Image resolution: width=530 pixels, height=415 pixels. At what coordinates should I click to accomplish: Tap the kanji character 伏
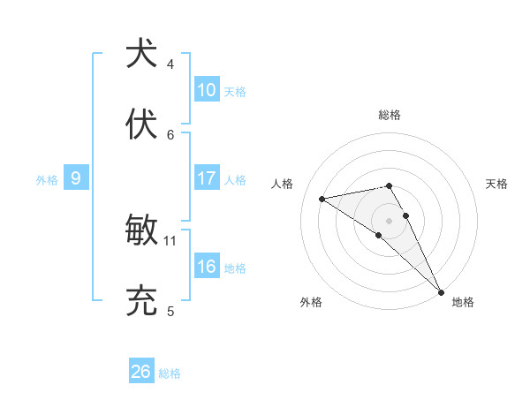click(x=141, y=123)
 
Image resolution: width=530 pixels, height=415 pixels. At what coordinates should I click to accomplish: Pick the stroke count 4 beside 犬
click(x=170, y=64)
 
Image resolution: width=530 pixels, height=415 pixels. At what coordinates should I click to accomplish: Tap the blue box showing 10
click(x=207, y=90)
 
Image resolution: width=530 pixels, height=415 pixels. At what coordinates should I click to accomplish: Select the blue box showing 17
click(x=207, y=178)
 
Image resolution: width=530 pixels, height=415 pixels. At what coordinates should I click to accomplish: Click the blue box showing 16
click(x=207, y=267)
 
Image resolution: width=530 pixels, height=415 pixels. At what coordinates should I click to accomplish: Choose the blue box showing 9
click(x=76, y=178)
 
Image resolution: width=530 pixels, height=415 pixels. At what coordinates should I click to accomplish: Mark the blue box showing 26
click(x=140, y=372)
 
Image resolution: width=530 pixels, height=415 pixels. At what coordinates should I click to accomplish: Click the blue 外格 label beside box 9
click(x=47, y=179)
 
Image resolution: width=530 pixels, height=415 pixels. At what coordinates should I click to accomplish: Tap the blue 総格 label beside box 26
click(x=170, y=373)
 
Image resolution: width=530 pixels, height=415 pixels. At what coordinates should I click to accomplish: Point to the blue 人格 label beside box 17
click(x=235, y=179)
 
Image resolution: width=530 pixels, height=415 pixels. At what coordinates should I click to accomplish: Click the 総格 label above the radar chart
click(x=390, y=115)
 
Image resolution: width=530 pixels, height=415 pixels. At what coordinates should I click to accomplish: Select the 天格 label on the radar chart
click(x=496, y=184)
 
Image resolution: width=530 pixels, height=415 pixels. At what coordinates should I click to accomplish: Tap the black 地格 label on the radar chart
click(x=463, y=302)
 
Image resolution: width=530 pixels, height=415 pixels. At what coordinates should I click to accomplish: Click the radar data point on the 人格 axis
click(x=322, y=199)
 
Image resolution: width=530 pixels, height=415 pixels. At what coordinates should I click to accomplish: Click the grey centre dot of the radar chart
click(x=390, y=220)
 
